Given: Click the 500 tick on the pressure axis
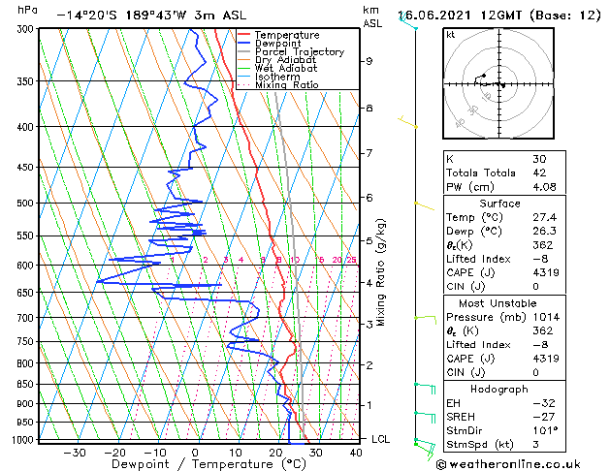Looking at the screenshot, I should tap(26, 204).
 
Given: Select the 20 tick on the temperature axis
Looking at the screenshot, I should tap(275, 453).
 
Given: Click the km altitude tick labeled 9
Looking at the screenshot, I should tap(369, 61).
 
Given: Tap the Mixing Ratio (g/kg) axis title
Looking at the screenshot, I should tap(382, 272).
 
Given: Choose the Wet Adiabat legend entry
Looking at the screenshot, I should tap(285, 68).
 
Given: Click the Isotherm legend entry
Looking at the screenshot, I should tap(277, 77).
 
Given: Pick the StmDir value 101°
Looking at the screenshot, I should tap(545, 430).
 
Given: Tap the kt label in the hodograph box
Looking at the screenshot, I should tap(450, 35).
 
